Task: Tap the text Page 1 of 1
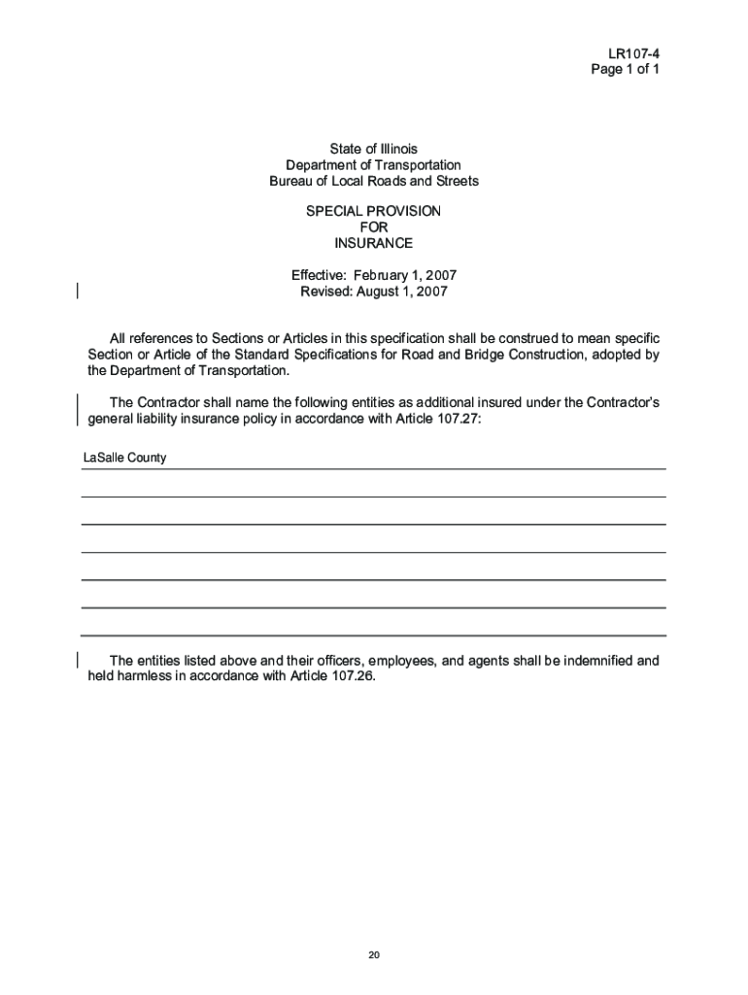point(626,70)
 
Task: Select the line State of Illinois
point(373,149)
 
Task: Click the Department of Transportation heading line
point(373,165)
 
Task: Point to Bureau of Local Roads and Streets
point(373,182)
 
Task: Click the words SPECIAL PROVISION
point(373,211)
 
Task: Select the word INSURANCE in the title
point(373,243)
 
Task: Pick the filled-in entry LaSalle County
point(124,458)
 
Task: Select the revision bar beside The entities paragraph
point(77,660)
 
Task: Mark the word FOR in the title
point(373,227)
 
